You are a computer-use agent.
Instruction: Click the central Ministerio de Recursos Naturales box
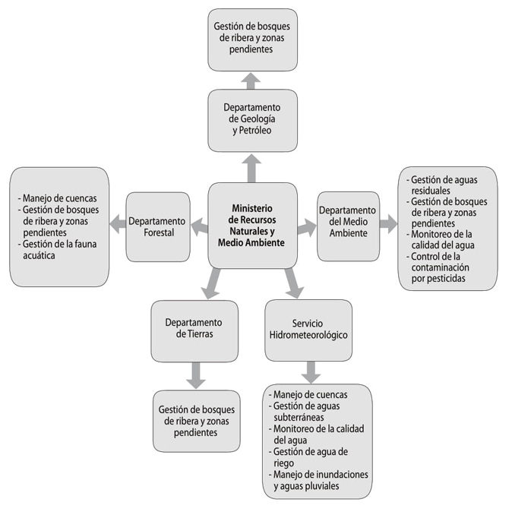[251, 226]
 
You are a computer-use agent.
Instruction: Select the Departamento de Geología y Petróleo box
[251, 119]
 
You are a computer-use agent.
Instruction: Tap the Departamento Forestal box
[157, 226]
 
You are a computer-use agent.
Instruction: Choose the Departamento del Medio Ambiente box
[347, 226]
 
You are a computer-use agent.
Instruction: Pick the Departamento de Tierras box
[194, 330]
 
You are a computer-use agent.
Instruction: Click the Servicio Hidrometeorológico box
[308, 330]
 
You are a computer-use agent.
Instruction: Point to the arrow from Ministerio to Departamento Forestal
[200, 226]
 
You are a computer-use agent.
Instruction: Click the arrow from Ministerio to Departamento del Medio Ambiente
[306, 226]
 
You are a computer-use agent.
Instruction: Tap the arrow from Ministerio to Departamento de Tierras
[209, 283]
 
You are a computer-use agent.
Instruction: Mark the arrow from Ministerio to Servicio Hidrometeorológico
[292, 283]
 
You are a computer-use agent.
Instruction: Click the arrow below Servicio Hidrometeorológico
[310, 371]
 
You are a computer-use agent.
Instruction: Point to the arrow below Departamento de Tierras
[196, 374]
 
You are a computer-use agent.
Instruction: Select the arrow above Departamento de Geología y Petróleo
[251, 79]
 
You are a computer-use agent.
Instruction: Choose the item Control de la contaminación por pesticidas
[446, 273]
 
